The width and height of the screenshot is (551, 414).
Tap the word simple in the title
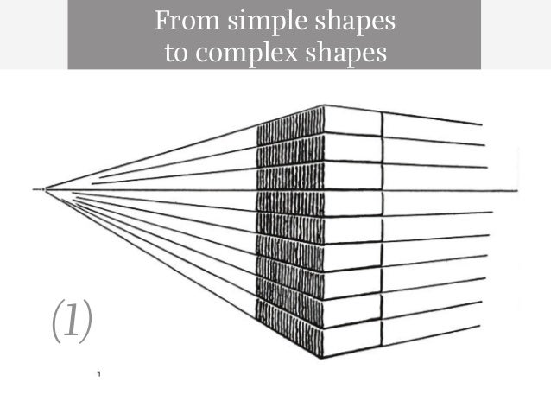pyautogui.click(x=246, y=20)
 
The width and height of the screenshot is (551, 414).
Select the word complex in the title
pyautogui.click(x=237, y=52)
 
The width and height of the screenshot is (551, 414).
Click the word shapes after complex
pyautogui.click(x=336, y=52)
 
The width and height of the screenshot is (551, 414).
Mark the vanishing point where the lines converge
pyautogui.click(x=44, y=188)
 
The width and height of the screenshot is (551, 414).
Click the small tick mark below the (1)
pyautogui.click(x=100, y=374)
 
